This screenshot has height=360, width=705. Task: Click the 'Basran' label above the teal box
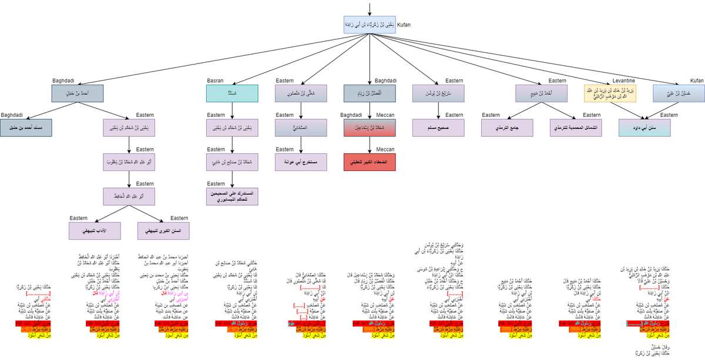[x=215, y=80]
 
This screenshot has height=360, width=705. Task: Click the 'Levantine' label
[x=624, y=80]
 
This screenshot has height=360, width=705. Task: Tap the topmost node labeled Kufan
[x=369, y=24]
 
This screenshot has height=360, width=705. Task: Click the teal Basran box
[x=232, y=94]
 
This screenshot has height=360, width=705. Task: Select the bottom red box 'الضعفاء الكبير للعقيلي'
[x=369, y=161]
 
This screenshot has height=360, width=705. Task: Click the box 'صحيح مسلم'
[x=438, y=127]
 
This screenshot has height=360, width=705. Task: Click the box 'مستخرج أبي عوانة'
[x=301, y=161]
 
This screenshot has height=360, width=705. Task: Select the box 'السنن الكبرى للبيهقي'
[x=163, y=230]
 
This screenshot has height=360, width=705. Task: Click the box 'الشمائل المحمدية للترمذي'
[x=576, y=127]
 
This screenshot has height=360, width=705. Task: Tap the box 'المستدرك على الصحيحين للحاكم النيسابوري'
[x=232, y=196]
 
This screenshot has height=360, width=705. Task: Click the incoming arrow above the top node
[x=369, y=8]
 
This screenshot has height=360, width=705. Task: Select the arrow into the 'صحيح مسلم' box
[x=438, y=111]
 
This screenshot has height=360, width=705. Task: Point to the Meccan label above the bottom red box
[x=385, y=149]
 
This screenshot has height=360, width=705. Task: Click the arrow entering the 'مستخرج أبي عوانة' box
[x=301, y=145]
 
